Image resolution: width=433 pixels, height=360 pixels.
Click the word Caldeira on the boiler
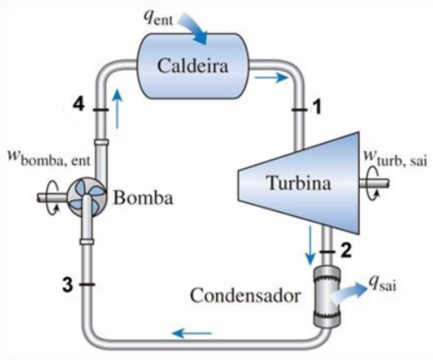point(193,65)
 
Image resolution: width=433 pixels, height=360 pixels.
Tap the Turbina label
point(299,183)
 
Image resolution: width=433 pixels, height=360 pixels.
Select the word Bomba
point(143,198)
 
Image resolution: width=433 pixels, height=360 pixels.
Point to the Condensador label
point(246,295)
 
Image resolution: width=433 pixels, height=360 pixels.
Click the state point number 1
point(317,106)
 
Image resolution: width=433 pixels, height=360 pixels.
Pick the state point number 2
point(346,250)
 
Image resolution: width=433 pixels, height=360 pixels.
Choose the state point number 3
point(68,284)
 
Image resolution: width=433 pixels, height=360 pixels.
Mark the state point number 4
point(78,104)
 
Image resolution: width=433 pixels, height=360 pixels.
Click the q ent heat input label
point(159,18)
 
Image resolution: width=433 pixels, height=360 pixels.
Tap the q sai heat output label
point(382,282)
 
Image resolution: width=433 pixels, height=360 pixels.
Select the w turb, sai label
point(396,158)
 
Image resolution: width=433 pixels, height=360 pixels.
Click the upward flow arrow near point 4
point(117,108)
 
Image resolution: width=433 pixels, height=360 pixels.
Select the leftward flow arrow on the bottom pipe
point(192,333)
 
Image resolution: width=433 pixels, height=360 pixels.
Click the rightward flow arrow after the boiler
point(272,78)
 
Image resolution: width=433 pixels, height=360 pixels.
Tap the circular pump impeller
point(87,198)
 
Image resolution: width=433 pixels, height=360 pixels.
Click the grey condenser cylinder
point(327,295)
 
